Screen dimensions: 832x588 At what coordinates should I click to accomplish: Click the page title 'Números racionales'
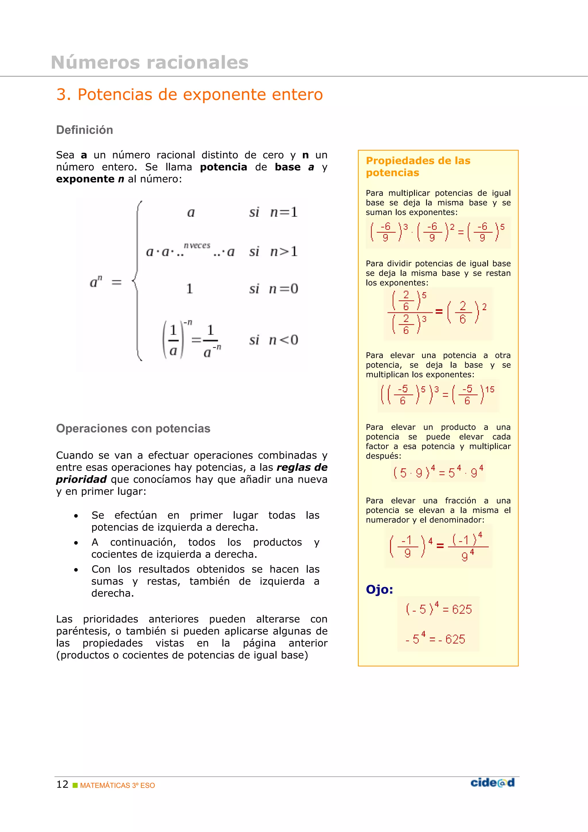pos(150,62)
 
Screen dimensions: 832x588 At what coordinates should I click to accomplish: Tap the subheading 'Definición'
pos(84,130)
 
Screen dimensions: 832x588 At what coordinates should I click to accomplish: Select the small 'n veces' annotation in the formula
pos(197,245)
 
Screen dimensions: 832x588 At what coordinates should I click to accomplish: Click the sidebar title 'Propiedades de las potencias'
pos(418,166)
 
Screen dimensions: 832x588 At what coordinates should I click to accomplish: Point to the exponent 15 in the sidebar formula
pos(490,389)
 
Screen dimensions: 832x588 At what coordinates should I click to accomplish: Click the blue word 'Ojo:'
pos(379,590)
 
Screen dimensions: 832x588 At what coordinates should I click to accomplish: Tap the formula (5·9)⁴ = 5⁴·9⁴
pos(438,472)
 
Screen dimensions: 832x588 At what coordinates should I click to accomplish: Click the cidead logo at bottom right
pos(492,783)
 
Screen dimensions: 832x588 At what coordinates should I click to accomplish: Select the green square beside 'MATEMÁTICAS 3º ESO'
pos(75,785)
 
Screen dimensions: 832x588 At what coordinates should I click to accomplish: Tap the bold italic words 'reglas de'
pos(302,468)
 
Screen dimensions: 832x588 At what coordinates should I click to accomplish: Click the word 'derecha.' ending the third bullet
pos(112,593)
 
